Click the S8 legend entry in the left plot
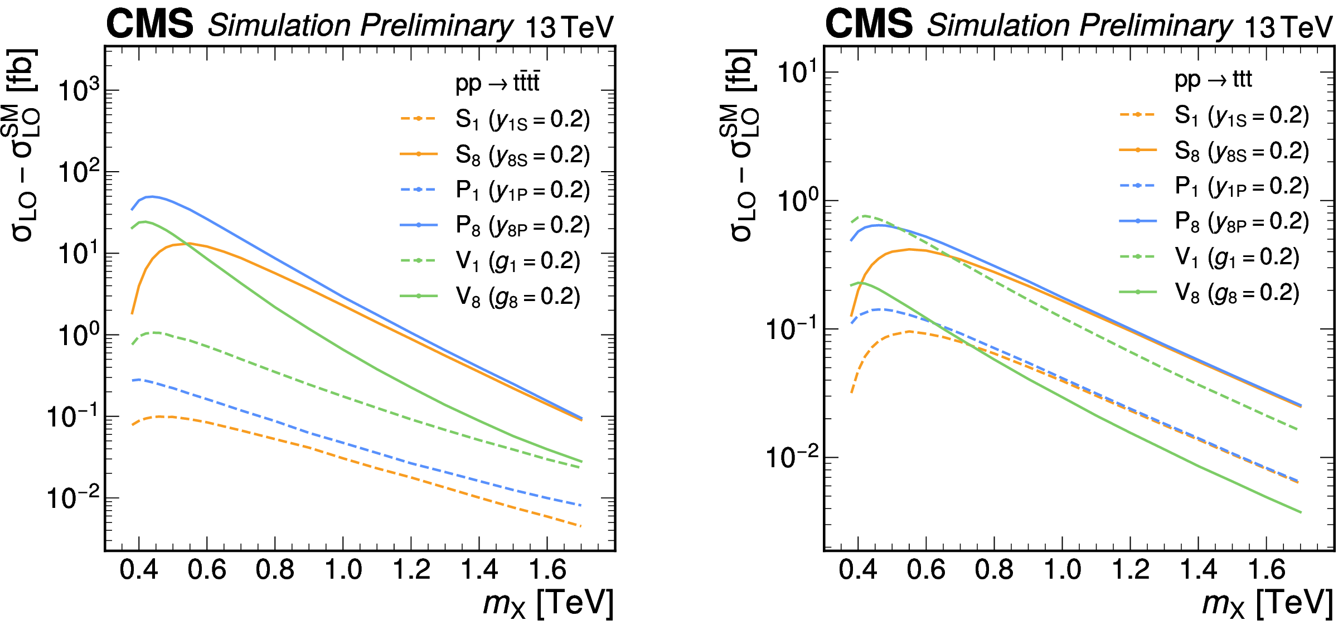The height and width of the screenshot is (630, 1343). pos(521,155)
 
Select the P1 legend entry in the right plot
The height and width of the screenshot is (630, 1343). pos(1241,186)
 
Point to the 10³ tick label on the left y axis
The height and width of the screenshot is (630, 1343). pos(79,90)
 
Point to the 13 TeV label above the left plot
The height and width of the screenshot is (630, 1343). pos(569,27)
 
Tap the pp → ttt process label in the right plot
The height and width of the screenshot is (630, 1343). pos(1213,80)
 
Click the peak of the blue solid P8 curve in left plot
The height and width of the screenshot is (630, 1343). pos(151,196)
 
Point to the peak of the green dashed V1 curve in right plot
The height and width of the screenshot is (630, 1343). pos(865,215)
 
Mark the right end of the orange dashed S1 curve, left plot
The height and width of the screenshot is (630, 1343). pos(581,526)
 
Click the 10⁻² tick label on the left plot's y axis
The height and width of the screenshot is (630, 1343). pos(73,497)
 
